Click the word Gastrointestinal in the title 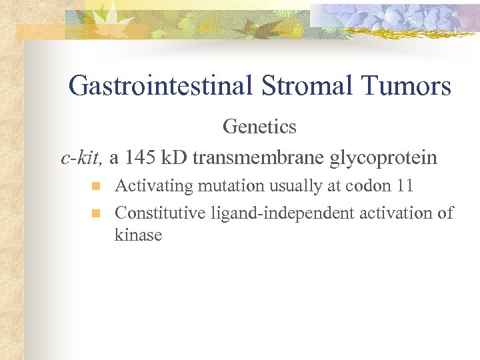point(159,86)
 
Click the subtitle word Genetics point(259,125)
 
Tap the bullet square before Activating point(95,185)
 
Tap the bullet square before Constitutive point(95,213)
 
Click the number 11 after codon point(404,186)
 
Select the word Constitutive point(161,213)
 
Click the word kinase point(138,235)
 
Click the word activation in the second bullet point(398,213)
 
